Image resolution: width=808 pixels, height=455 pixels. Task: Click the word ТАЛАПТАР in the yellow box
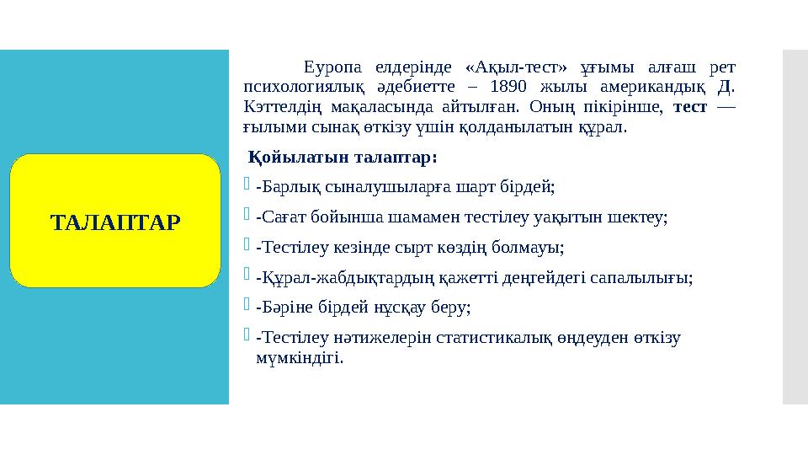(115, 223)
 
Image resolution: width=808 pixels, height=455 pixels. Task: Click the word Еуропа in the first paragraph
(333, 67)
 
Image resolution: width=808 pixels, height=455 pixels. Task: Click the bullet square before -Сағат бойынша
(246, 216)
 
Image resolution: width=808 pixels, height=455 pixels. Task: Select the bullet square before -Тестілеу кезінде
(246, 246)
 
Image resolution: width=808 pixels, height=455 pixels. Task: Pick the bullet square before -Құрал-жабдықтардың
(246, 276)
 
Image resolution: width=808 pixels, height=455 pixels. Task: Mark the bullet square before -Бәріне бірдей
(246, 307)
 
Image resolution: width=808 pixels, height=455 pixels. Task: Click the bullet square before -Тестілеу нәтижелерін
(246, 337)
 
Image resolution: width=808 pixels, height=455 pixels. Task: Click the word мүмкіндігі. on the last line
(299, 358)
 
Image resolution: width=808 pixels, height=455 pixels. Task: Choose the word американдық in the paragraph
(655, 88)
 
